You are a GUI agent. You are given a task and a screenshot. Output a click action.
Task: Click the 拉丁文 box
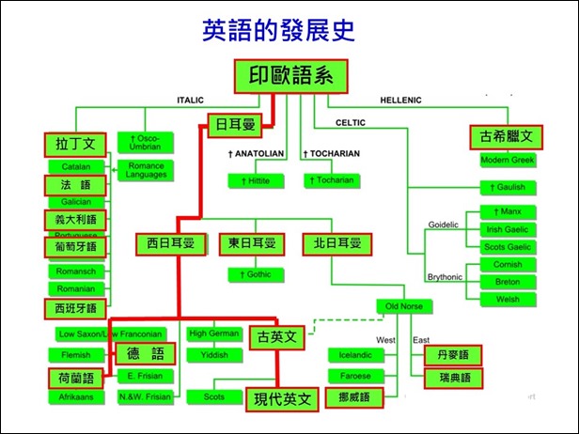point(75,144)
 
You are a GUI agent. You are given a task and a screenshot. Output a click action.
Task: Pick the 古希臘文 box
point(507,137)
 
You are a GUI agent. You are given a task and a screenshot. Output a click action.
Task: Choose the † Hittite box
point(257,179)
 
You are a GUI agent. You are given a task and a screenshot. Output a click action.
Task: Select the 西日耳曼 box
point(169,244)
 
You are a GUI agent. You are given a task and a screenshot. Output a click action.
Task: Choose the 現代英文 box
point(282,399)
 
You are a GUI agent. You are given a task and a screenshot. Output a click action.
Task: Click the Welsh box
point(507,299)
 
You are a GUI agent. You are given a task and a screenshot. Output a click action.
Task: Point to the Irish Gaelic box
point(507,229)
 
